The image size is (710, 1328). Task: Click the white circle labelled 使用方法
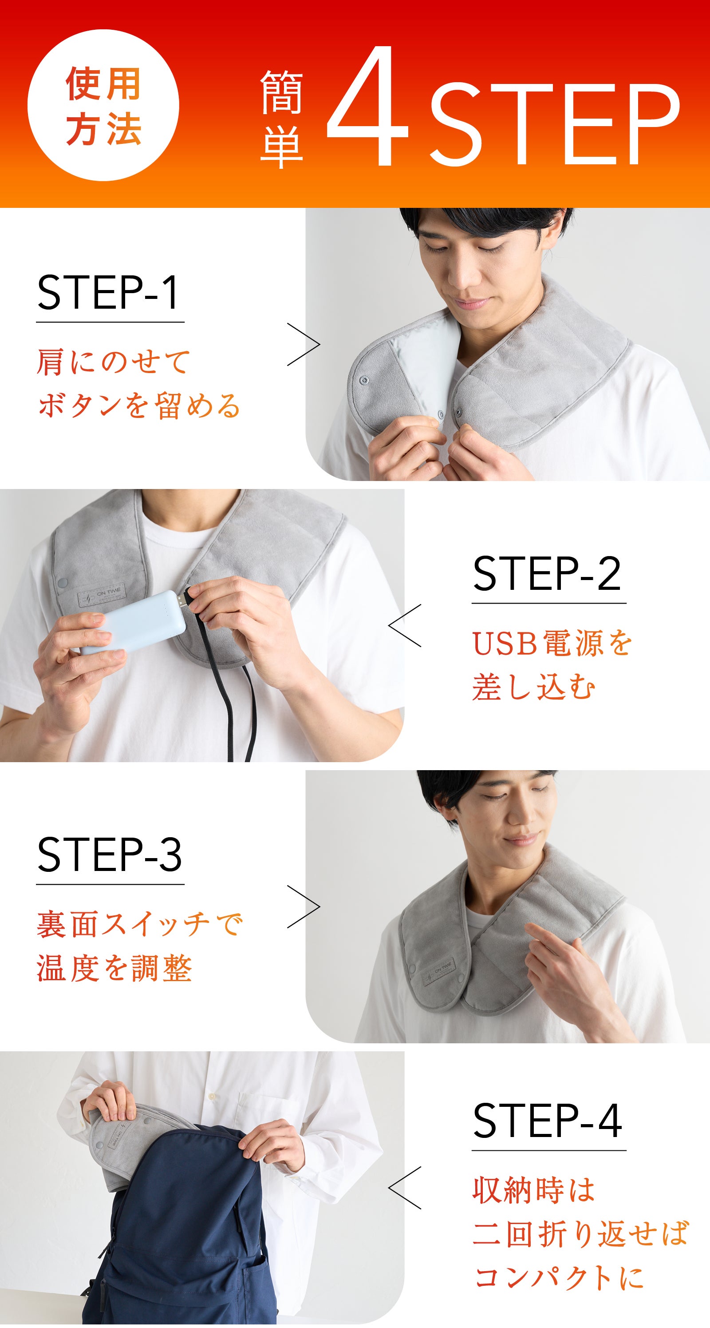click(103, 105)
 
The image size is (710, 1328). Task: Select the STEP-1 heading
click(109, 292)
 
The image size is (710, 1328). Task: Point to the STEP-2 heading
click(547, 573)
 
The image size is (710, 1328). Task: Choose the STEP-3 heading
click(109, 855)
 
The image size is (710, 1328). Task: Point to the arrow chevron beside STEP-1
click(304, 344)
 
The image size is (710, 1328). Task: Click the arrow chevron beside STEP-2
click(404, 625)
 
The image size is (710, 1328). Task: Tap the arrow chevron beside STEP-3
click(304, 907)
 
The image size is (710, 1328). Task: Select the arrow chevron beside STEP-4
click(404, 1188)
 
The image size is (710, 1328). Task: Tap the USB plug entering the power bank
click(185, 600)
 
